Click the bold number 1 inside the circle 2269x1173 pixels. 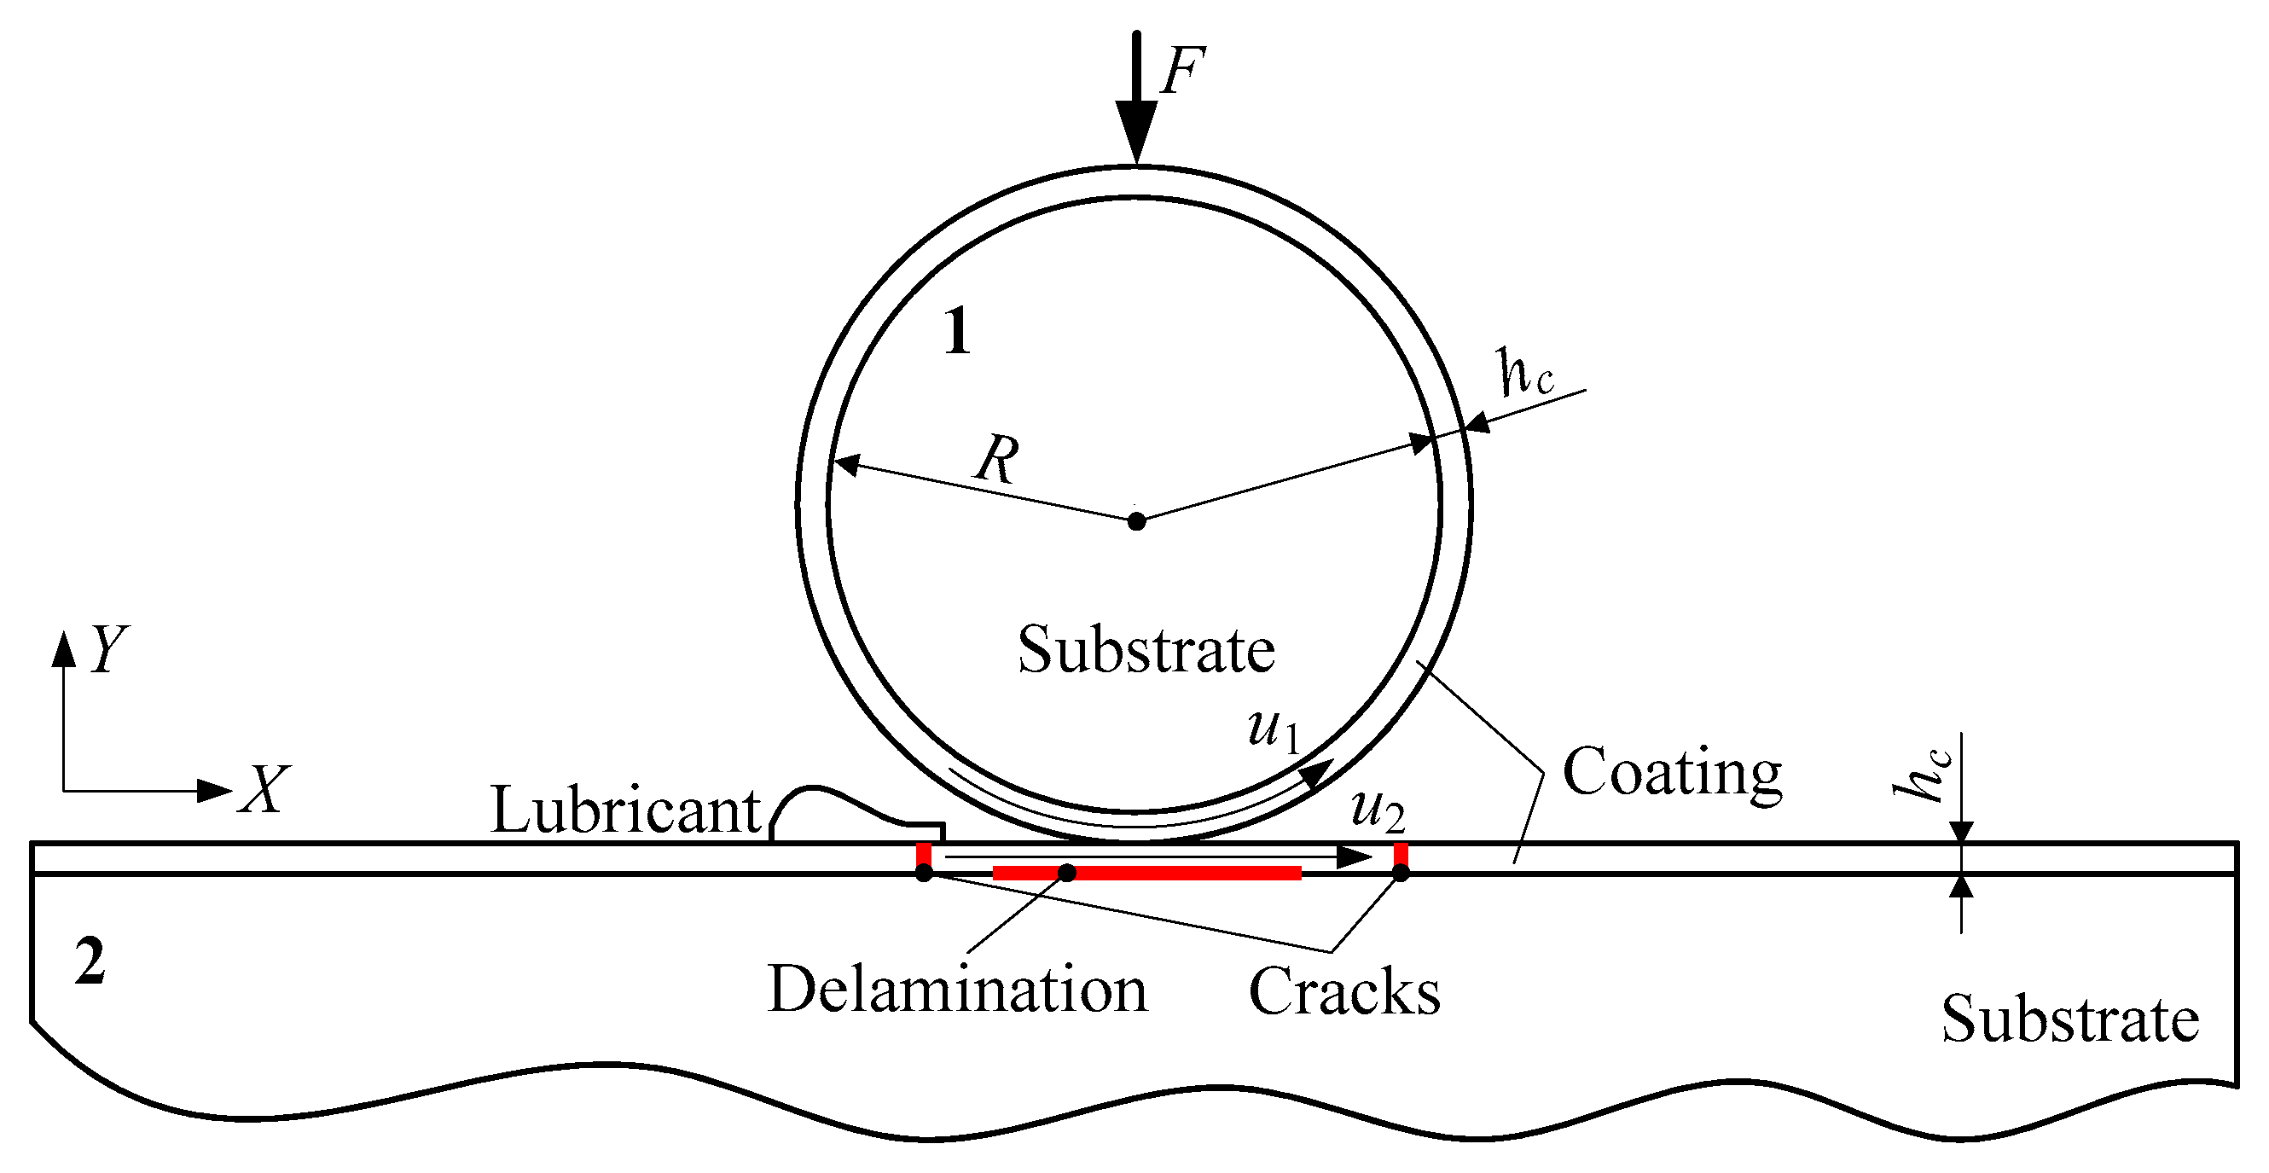click(x=957, y=332)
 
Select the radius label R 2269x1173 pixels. click(x=996, y=459)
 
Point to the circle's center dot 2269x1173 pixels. click(x=1136, y=521)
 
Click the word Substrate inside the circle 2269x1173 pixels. click(x=1146, y=650)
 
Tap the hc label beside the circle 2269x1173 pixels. click(x=1525, y=374)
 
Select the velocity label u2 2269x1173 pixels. click(x=1377, y=810)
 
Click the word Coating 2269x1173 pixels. click(x=1672, y=772)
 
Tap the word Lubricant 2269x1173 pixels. click(x=625, y=810)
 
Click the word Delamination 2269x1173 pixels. click(x=957, y=989)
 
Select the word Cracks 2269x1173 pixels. click(x=1344, y=991)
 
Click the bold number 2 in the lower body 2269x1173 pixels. click(x=90, y=961)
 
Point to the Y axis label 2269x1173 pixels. click(x=109, y=650)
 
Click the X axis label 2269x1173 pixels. click(x=264, y=789)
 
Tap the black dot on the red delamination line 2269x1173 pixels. click(x=1066, y=873)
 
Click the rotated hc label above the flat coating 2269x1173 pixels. click(x=1923, y=775)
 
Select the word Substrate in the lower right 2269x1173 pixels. click(x=2070, y=1019)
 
